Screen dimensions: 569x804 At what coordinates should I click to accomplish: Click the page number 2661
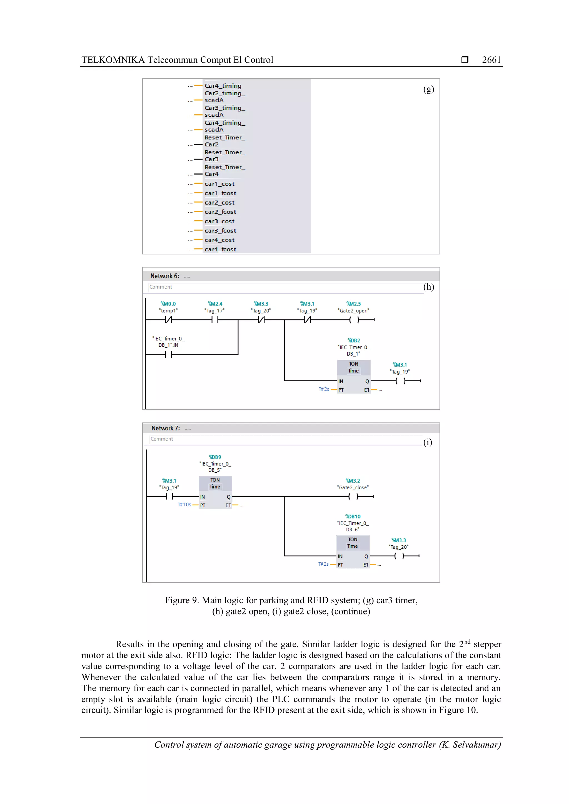[x=491, y=60]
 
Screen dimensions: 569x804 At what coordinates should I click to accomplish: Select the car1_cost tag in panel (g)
[x=219, y=184]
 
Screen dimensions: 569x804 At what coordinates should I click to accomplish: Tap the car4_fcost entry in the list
[x=220, y=249]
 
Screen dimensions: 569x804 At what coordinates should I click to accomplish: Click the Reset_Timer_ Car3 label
[x=224, y=156]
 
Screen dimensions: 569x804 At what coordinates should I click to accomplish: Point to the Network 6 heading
[x=165, y=276]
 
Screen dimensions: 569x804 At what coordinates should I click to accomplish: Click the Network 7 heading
[x=166, y=428]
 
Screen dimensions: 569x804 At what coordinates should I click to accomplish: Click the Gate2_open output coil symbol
[x=354, y=320]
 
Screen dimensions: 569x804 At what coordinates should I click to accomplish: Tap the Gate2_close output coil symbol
[x=353, y=496]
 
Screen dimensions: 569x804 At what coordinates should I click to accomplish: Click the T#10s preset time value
[x=184, y=505]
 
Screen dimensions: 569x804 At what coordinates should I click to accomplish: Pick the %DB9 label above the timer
[x=215, y=457]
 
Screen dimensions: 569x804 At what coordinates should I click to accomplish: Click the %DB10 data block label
[x=353, y=516]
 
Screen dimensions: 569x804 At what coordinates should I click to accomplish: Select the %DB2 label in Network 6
[x=354, y=340]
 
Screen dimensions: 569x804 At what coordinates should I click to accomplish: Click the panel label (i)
[x=427, y=442]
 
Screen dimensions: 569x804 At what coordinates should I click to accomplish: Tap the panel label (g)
[x=428, y=89]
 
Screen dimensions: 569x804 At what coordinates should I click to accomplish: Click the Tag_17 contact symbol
[x=215, y=320]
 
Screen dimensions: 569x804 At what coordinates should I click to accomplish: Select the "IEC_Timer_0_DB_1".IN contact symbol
[x=169, y=355]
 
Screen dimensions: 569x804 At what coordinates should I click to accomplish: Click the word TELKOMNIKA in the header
[x=113, y=60]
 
